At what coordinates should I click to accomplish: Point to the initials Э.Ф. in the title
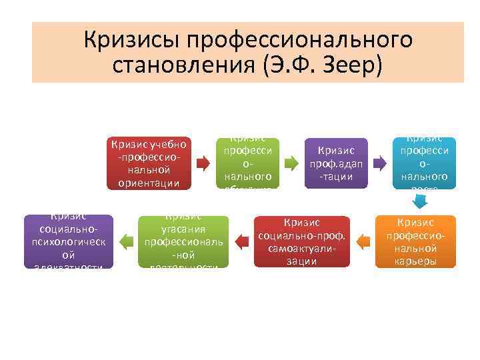[x=296, y=66]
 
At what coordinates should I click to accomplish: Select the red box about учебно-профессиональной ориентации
[x=150, y=163]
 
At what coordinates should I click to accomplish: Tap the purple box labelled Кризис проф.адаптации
[x=337, y=163]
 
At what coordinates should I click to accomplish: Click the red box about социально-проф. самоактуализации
[x=302, y=241]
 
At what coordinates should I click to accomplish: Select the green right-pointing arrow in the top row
[x=290, y=162]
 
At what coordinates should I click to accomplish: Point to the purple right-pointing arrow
[x=378, y=162]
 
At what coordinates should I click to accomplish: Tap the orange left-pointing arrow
[x=364, y=239]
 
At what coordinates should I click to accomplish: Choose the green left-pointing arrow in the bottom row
[x=125, y=239]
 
